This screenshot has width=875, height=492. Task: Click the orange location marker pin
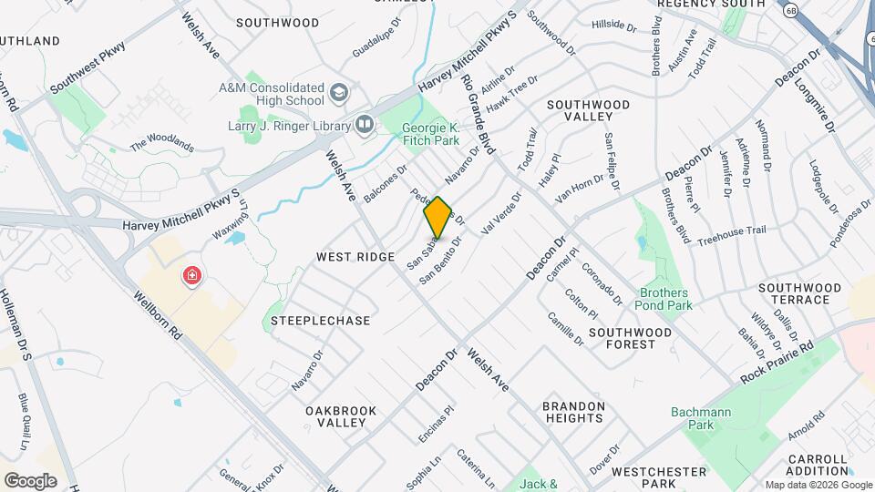[x=437, y=217]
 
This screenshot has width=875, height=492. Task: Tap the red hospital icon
[x=192, y=275]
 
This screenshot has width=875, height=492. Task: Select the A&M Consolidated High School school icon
[x=339, y=93]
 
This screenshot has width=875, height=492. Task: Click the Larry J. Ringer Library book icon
[x=365, y=123]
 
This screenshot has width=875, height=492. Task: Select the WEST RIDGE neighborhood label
[x=355, y=258]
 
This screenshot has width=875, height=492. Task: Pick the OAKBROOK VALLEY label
[x=341, y=416]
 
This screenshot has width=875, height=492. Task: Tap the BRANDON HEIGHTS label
[x=572, y=412]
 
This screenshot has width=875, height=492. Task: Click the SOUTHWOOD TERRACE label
[x=799, y=293]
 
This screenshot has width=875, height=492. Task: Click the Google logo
[x=30, y=480]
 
